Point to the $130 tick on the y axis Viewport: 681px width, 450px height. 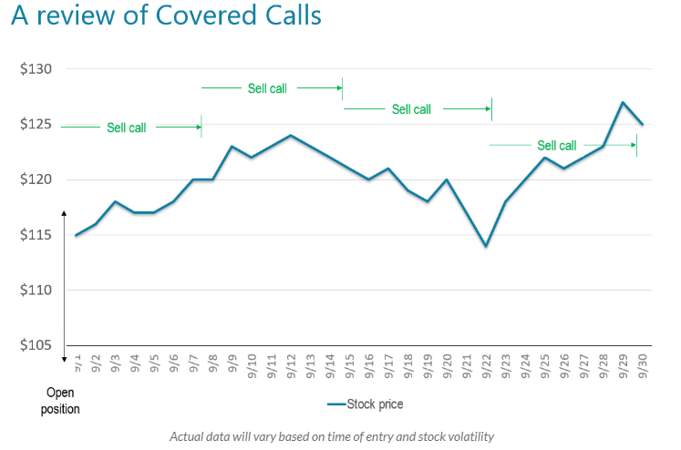[36, 69]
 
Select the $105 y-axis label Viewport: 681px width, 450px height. [36, 345]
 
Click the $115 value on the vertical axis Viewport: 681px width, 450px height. [36, 235]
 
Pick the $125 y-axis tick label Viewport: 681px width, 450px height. [36, 125]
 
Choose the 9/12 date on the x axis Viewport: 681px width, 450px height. [291, 371]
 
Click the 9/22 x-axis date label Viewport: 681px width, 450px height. [486, 371]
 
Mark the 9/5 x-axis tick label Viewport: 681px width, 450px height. [154, 369]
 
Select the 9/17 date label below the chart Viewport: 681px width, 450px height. [388, 371]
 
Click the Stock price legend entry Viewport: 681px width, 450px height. [365, 404]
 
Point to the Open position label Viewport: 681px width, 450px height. [60, 401]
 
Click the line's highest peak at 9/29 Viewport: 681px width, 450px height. [623, 102]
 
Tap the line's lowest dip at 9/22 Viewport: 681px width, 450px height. [486, 246]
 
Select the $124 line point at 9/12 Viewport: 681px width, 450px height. [291, 136]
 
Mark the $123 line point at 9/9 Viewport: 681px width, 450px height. [232, 147]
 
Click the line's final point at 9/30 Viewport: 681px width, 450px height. [642, 125]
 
